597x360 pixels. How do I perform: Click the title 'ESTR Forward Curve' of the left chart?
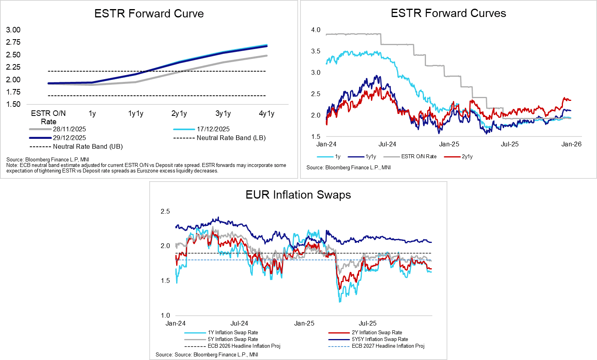149,14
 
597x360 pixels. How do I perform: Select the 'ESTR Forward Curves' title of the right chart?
448,13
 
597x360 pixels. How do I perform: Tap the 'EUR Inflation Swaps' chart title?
298,195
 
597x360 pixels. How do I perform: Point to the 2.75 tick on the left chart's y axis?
13,42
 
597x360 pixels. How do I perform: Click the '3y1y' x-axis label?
223,114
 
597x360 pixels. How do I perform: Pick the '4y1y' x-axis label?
266,114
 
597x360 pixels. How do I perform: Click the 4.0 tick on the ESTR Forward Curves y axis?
316,30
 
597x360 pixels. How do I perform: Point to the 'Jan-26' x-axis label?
571,144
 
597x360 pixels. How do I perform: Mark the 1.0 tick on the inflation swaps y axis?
165,315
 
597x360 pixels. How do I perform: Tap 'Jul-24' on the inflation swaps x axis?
239,323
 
